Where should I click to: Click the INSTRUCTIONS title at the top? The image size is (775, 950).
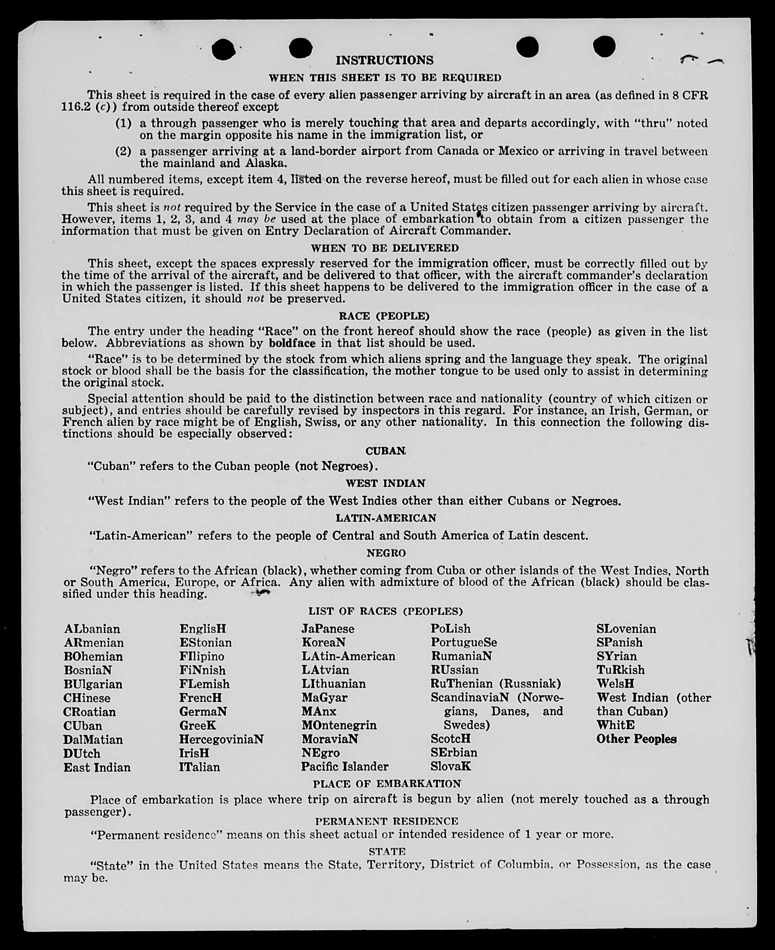[x=384, y=60]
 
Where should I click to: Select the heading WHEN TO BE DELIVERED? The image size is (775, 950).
[x=384, y=248]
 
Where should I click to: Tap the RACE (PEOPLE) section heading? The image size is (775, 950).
[x=384, y=316]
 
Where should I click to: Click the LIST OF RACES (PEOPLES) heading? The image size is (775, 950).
[x=385, y=611]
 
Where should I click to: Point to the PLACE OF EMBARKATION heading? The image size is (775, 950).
[x=387, y=784]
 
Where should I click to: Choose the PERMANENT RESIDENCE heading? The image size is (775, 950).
[x=386, y=821]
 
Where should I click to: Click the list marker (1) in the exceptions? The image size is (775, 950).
[x=123, y=123]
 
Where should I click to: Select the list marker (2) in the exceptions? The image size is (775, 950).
[x=123, y=151]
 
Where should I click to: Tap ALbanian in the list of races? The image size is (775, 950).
[x=92, y=629]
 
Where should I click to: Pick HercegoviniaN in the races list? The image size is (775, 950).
[x=221, y=739]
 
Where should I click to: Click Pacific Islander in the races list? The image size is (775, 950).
[x=344, y=766]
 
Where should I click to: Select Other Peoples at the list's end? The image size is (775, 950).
[x=636, y=739]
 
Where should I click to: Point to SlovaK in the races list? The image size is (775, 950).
[x=450, y=766]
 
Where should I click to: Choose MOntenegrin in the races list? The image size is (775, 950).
[x=339, y=725]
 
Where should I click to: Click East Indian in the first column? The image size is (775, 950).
[x=97, y=767]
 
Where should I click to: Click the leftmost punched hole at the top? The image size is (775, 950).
[x=223, y=49]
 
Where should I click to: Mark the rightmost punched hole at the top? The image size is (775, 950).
[x=604, y=46]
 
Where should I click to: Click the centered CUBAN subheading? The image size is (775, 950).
[x=385, y=451]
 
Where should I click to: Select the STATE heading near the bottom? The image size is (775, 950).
[x=387, y=851]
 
